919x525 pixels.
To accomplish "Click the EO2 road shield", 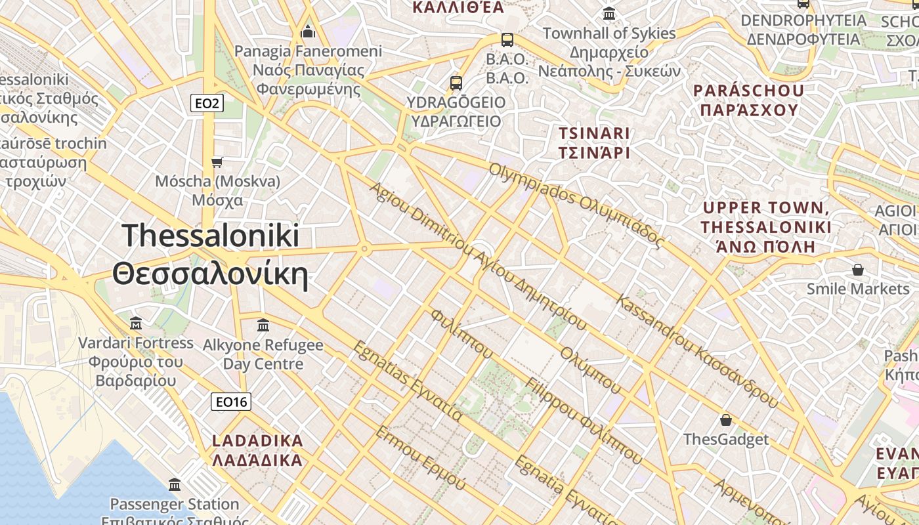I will click(x=207, y=103).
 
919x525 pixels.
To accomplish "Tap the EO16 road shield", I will click(x=231, y=402).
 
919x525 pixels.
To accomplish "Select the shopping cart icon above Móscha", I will click(x=217, y=161).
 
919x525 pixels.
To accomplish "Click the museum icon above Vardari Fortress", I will click(x=136, y=323).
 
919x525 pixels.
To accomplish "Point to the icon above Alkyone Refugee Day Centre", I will click(x=263, y=325).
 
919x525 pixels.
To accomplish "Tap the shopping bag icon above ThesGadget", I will click(x=726, y=420).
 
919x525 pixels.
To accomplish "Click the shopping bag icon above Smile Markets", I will click(x=857, y=270).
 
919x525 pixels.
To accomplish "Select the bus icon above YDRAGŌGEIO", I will click(x=456, y=83).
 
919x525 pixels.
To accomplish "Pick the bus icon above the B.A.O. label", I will click(x=507, y=40).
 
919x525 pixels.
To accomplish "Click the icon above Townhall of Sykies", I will click(x=609, y=14).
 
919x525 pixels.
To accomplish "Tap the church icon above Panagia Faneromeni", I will click(x=308, y=31).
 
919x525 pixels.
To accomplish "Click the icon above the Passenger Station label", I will click(x=175, y=485).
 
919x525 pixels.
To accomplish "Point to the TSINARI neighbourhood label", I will click(x=593, y=143).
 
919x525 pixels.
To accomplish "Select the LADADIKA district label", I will click(x=257, y=450).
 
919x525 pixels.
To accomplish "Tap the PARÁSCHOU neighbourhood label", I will click(x=748, y=100).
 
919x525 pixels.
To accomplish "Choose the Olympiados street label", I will click(x=576, y=205).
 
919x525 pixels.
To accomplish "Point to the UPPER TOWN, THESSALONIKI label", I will click(x=765, y=227).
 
